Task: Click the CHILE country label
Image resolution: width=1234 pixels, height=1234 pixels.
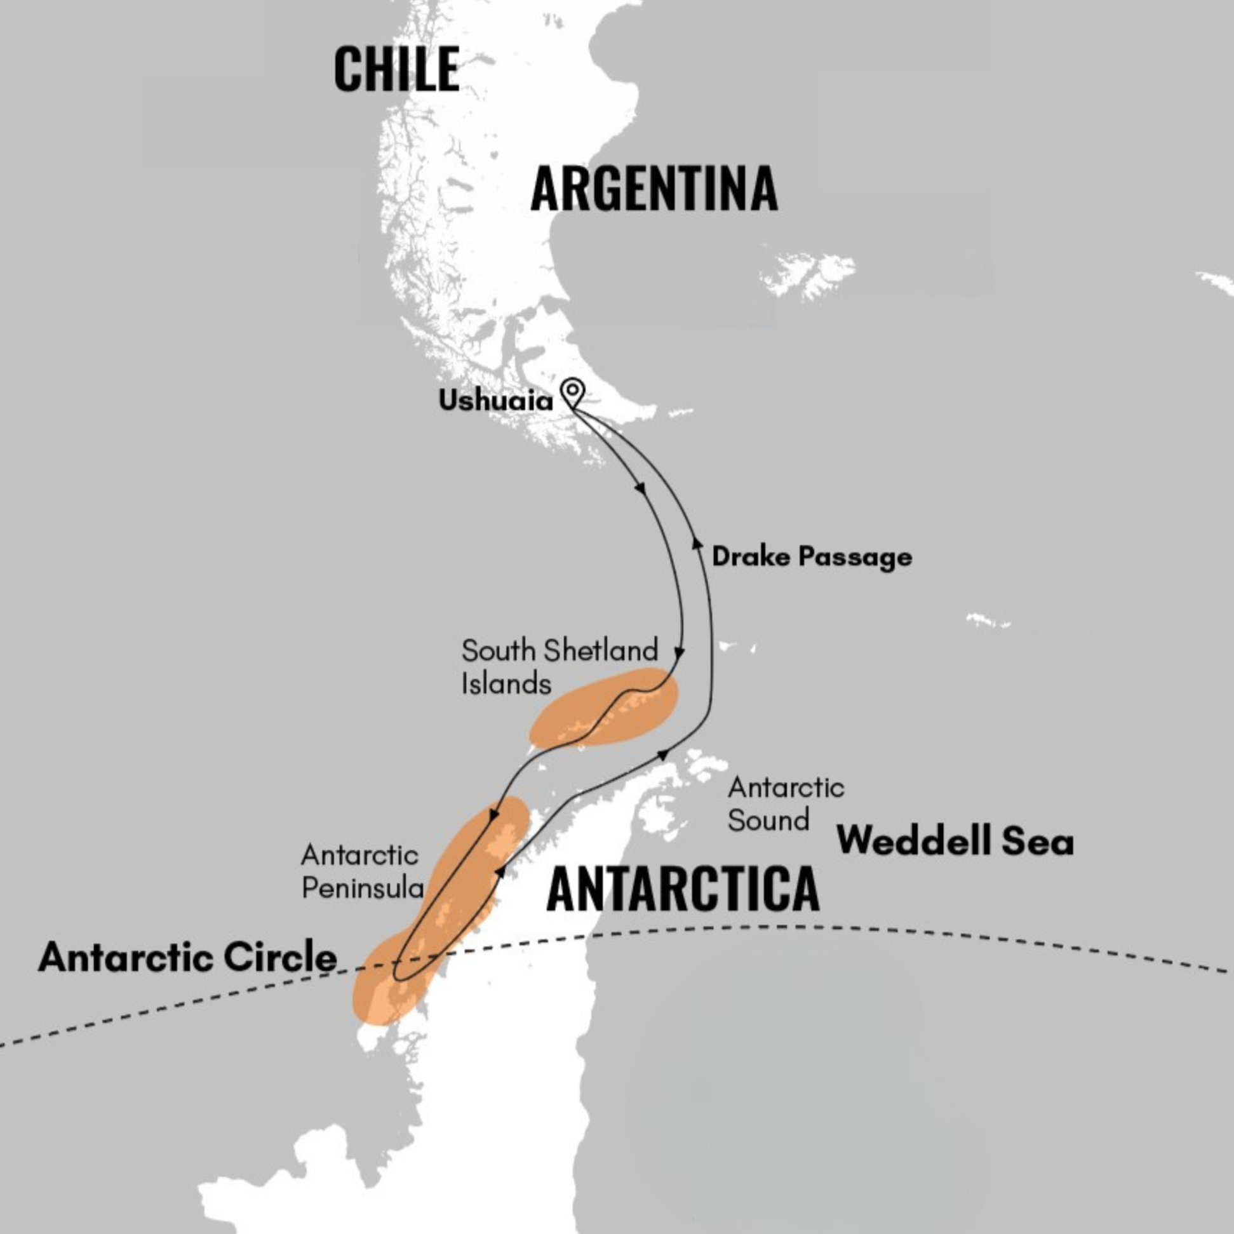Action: pyautogui.click(x=396, y=69)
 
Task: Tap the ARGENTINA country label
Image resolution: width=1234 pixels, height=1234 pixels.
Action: pyautogui.click(x=654, y=188)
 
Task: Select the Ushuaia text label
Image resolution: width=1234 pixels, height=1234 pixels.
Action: pyautogui.click(x=495, y=401)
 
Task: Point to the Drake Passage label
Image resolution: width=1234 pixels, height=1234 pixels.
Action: pyautogui.click(x=811, y=556)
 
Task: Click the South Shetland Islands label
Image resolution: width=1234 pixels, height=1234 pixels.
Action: pyautogui.click(x=559, y=667)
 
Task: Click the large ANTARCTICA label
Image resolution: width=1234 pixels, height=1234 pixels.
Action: pyautogui.click(x=683, y=889)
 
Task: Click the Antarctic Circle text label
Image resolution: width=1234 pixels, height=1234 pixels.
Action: pyautogui.click(x=187, y=958)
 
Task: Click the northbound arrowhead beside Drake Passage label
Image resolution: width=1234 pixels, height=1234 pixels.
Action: pyautogui.click(x=697, y=543)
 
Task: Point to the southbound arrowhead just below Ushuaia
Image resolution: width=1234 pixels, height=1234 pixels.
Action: pyautogui.click(x=640, y=488)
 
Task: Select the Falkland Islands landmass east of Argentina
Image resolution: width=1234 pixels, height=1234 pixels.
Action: pyautogui.click(x=808, y=274)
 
